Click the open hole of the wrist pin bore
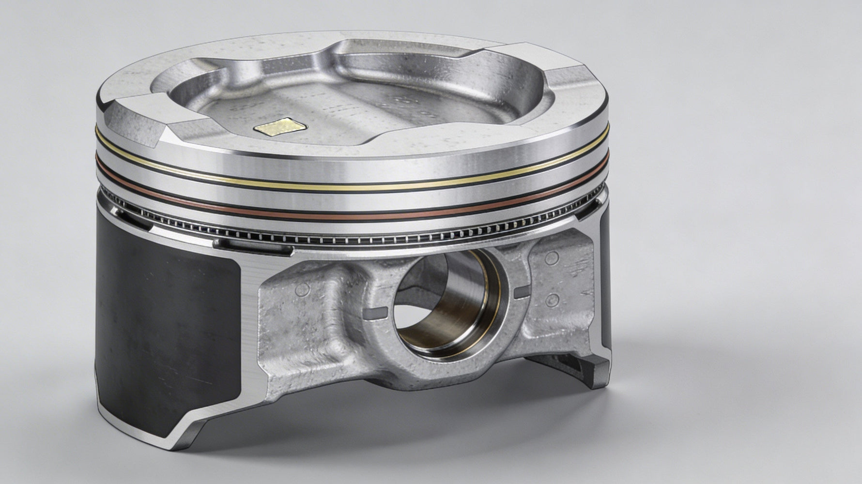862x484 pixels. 426,310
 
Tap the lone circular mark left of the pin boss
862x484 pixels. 303,290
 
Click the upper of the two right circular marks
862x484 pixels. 551,258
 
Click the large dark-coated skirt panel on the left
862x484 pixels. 169,329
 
